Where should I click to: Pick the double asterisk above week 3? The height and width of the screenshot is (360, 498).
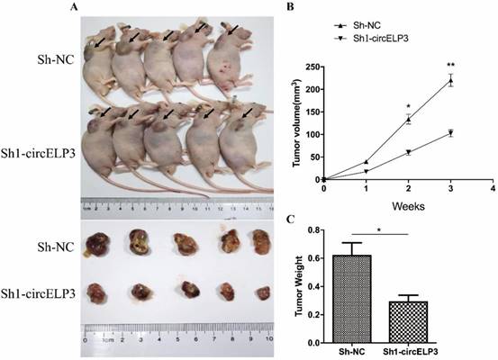tap(449, 66)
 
